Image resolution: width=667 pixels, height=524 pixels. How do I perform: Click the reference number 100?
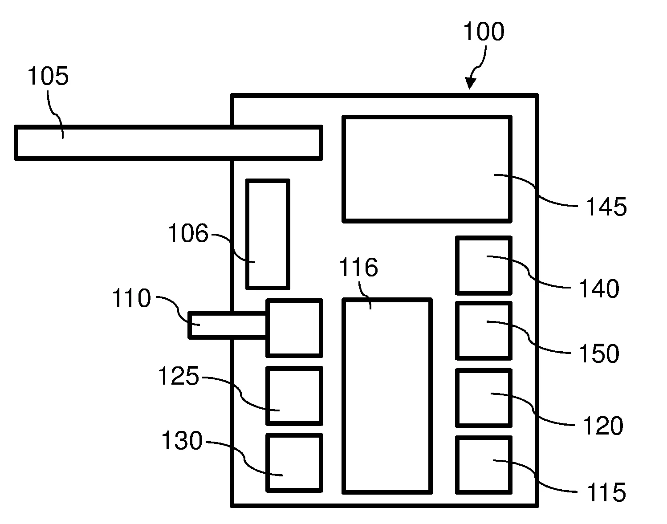pos(484,32)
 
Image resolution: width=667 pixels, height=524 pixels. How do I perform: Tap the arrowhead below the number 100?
pos(470,83)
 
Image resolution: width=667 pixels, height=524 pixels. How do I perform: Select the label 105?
pos(48,77)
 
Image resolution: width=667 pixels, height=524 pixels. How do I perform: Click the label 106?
pos(188,233)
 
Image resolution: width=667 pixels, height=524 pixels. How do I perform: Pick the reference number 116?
pos(358,268)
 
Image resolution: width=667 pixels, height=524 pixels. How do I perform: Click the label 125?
pos(179,377)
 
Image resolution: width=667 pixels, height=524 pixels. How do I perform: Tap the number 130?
pos(182,441)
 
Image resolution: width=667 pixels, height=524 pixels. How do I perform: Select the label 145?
pos(606,207)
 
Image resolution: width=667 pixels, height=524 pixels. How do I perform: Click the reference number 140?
pos(598,289)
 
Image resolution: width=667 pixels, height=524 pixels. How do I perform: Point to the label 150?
pos(598,354)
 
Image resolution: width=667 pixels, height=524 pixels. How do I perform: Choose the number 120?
pos(602,426)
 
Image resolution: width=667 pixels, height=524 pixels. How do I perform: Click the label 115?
pos(606,493)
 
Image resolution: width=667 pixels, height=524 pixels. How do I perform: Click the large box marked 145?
pos(427,169)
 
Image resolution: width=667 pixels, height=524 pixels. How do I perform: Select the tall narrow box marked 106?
pos(268,234)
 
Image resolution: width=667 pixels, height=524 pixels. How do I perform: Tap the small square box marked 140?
pos(483,265)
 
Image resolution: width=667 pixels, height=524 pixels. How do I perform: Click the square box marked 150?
pos(483,330)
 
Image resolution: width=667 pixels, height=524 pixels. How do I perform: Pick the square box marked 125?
pos(294,396)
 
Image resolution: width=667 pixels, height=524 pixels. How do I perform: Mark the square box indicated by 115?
pos(483,465)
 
